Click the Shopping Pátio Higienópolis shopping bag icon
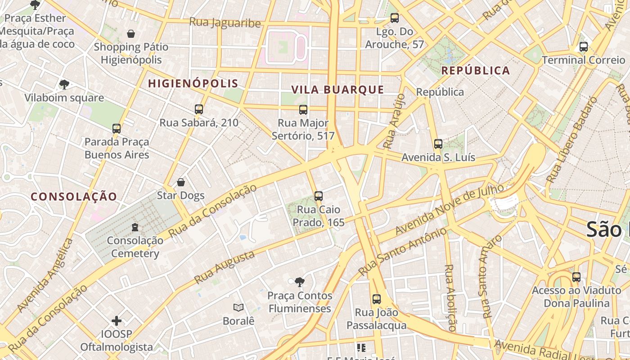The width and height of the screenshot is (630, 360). pos(131,34)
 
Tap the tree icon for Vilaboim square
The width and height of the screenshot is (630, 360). pos(64,84)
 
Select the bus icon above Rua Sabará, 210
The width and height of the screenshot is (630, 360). pos(199,109)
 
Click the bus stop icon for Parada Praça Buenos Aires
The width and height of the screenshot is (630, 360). pos(117,129)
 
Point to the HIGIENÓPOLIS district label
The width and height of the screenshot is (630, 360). pos(193,83)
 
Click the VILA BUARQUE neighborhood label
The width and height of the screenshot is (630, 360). pos(337,90)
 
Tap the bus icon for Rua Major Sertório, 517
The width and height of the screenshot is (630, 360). pos(303,109)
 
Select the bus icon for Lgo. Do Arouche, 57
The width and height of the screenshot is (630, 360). pos(395,18)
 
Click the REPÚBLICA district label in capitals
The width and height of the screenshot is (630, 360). pos(476,71)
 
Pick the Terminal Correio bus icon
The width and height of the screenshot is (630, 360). pos(584,46)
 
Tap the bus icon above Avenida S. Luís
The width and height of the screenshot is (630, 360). pos(438,144)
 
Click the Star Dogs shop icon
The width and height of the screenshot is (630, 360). pos(181,182)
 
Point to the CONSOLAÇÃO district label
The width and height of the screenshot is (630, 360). pos(74,196)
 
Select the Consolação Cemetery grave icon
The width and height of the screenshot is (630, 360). pos(135,227)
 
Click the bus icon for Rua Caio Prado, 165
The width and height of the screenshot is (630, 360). pos(319,196)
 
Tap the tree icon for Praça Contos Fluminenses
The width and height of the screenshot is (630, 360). pos(300,282)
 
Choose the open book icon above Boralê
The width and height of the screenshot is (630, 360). pos(238,307)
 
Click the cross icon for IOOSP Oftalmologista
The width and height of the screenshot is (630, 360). pos(117,320)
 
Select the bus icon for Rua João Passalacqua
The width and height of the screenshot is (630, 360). pos(377,299)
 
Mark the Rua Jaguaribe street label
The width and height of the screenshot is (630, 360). pos(225,22)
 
